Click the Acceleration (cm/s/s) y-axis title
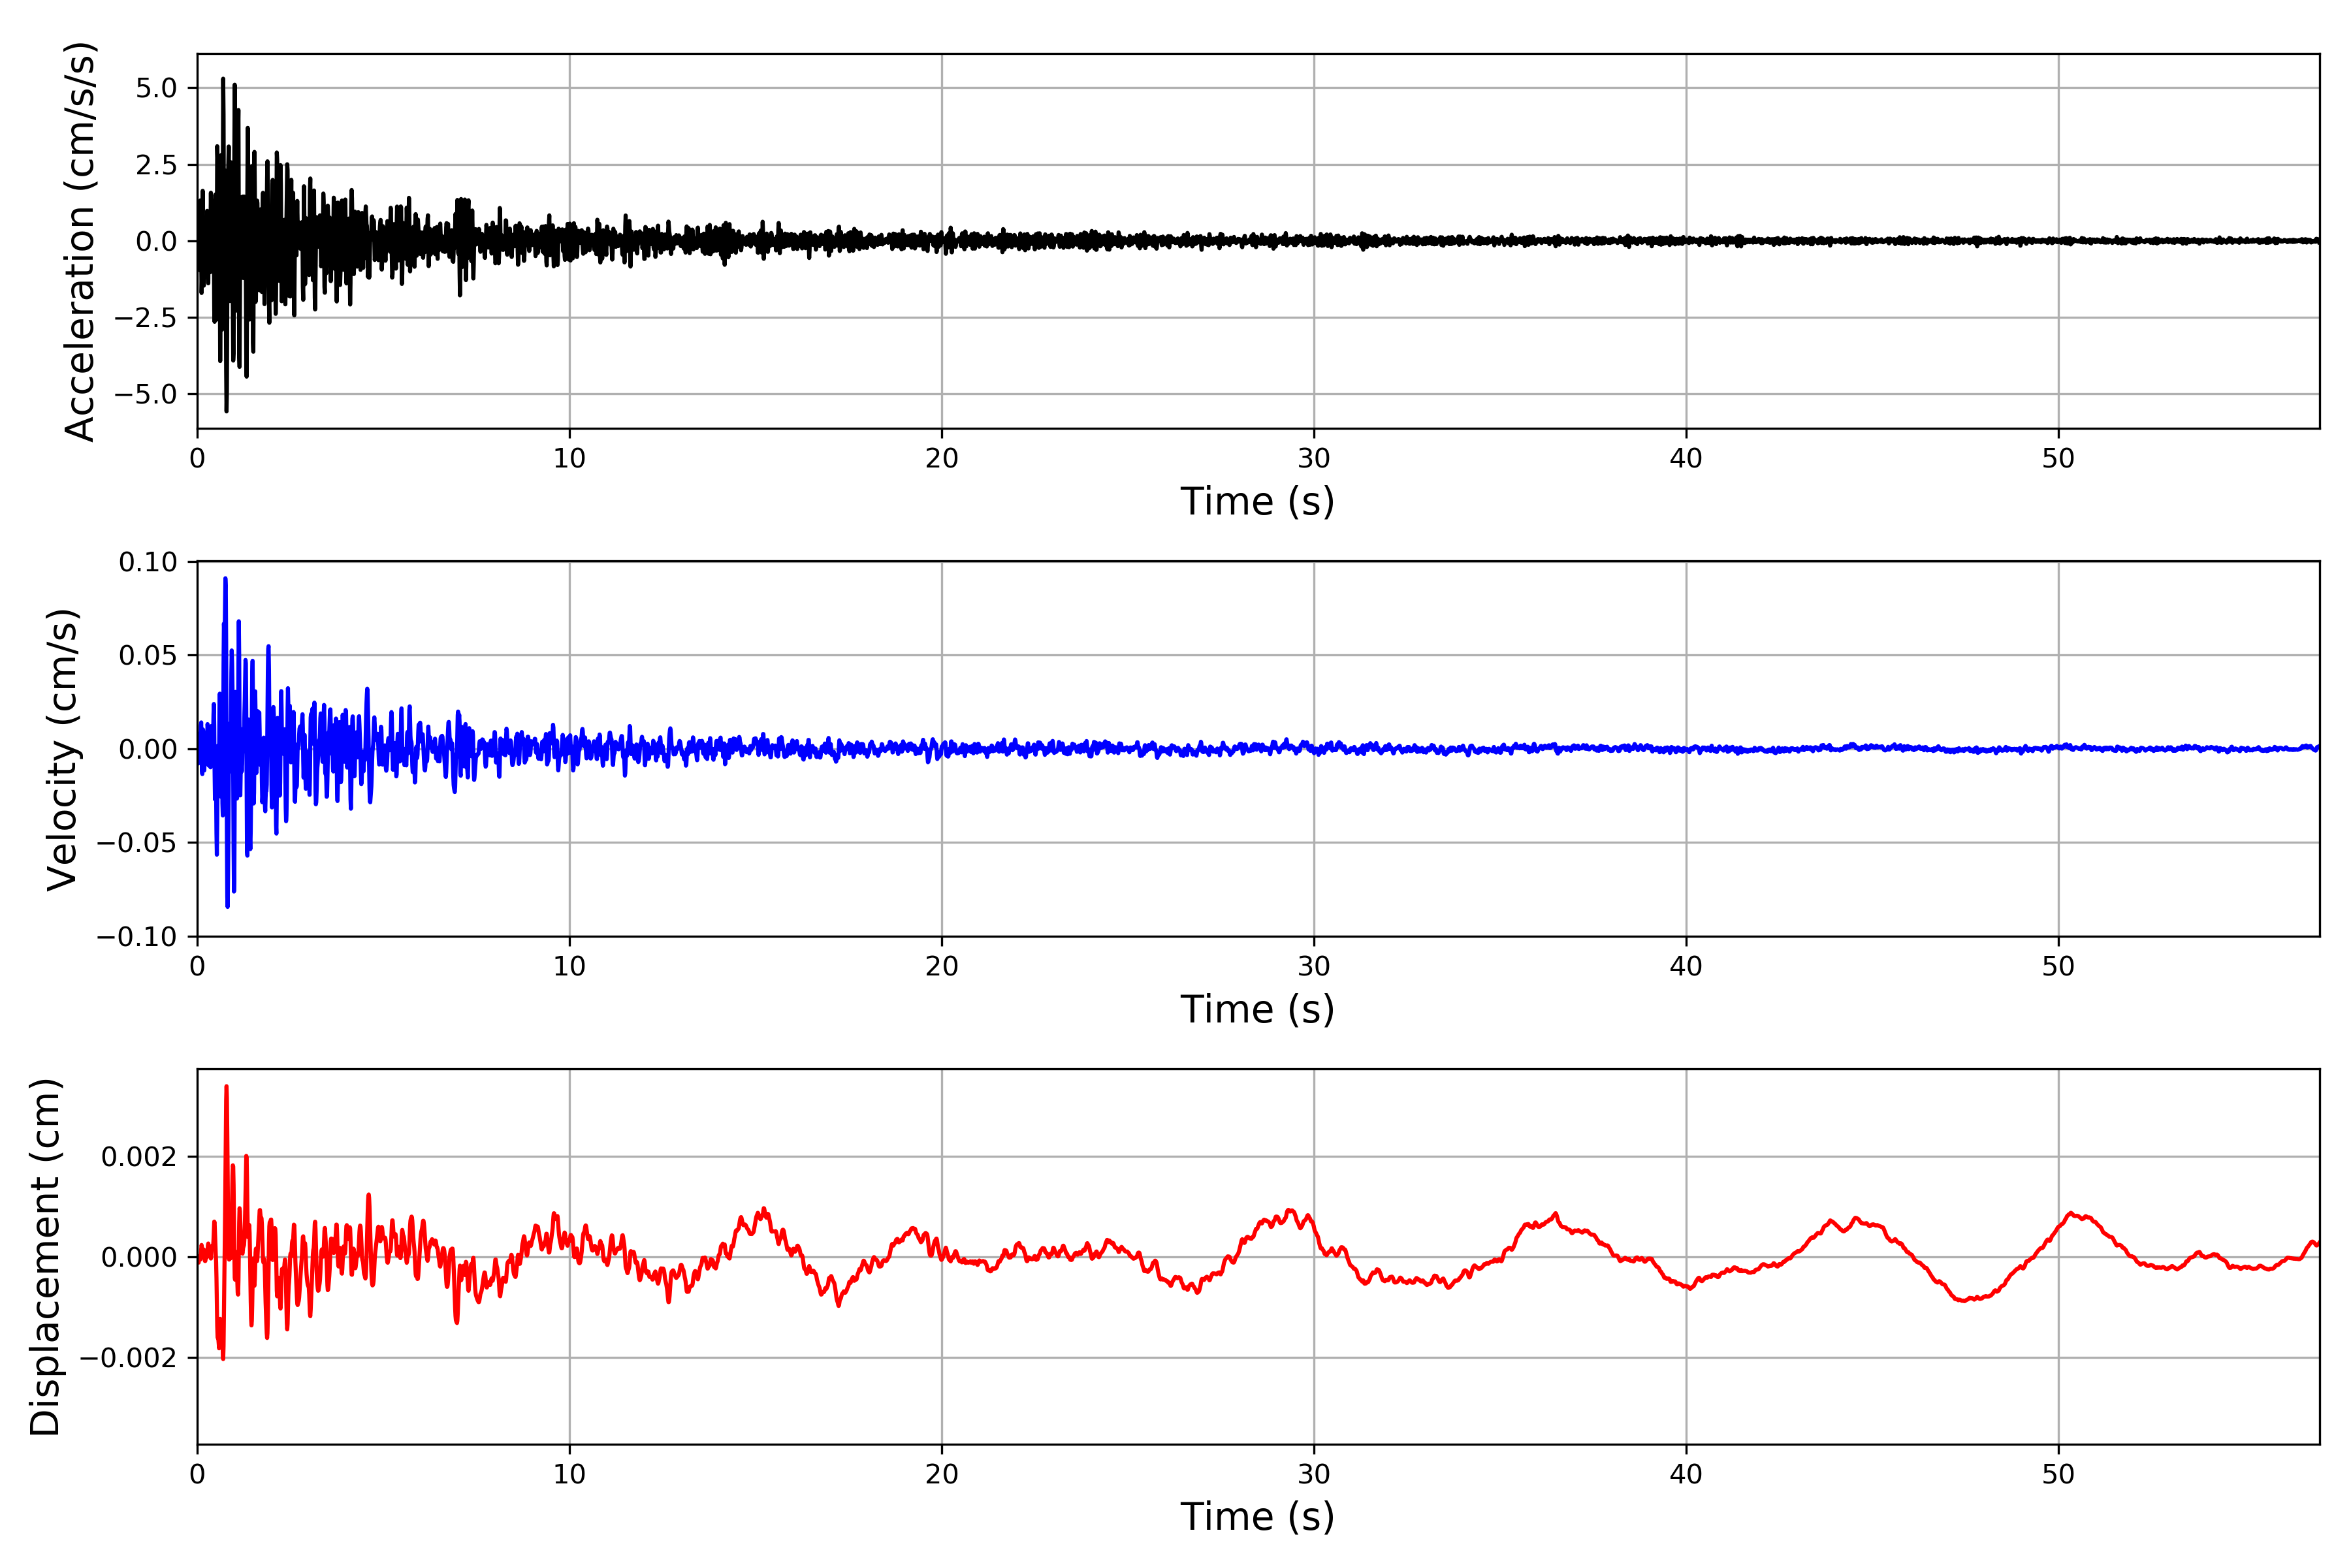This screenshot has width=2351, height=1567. coord(80,241)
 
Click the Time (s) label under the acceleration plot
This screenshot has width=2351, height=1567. coord(1258,501)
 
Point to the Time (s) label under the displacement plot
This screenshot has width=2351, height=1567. coord(1258,1516)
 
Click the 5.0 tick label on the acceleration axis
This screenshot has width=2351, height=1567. coord(156,88)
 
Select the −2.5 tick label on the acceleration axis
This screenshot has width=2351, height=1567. coord(145,318)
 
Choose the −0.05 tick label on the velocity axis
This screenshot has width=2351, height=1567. coord(137,842)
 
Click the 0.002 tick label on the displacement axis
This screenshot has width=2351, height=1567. coord(139,1156)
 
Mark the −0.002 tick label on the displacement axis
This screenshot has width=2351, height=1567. coord(128,1357)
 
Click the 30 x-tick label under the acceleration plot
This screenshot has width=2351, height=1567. coord(1313,459)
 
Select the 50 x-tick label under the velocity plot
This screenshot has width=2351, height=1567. coord(2058,966)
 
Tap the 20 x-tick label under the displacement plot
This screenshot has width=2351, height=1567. coord(942,1474)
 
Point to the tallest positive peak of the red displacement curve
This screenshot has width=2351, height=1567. coord(226,1086)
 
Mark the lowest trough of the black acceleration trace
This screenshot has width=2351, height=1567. coord(226,410)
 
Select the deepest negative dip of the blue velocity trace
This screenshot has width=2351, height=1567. coord(228,906)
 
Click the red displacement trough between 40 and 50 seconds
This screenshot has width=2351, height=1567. coord(1965,1300)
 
